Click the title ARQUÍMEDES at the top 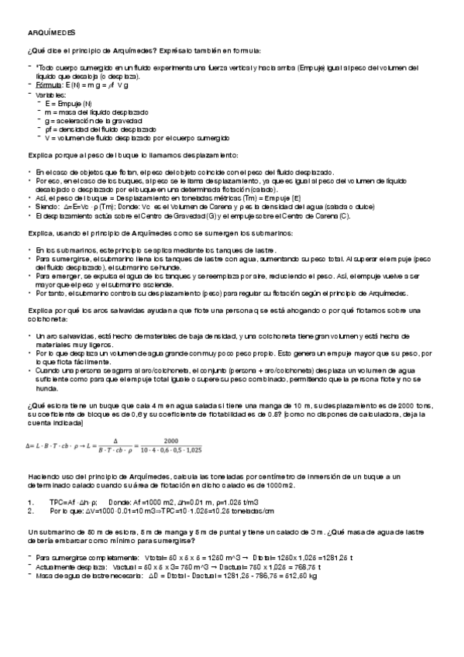click(50, 33)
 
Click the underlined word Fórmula click(47, 85)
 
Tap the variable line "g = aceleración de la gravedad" click(94, 121)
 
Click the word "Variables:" click(50, 94)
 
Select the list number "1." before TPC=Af click(29, 502)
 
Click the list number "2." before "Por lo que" click(29, 511)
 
